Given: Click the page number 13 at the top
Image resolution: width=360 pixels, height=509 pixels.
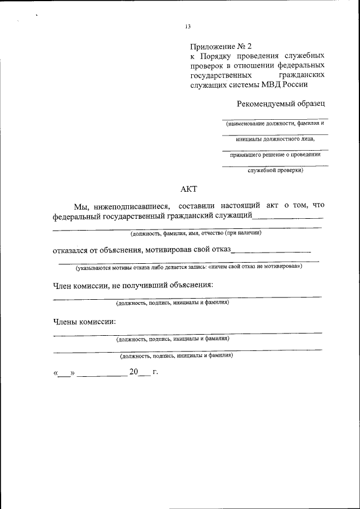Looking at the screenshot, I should pos(188,26).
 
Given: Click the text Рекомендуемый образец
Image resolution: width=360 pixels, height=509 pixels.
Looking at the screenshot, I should pos(281,103).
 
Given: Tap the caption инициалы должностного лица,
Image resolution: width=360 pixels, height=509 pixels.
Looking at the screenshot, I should pos(274,138).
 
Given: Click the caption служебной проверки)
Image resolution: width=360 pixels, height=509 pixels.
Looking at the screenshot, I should pos(275,170).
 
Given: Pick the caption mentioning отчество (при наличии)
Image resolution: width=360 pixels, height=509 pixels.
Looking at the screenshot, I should pos(195,232).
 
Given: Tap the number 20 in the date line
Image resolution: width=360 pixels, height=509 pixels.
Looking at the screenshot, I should pos(133,372).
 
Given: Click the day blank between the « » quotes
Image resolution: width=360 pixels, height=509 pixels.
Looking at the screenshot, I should pos(64,373).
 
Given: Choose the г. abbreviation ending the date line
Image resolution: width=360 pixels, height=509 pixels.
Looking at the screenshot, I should pos(155,372).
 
